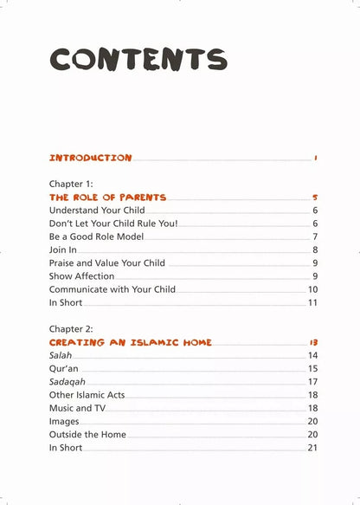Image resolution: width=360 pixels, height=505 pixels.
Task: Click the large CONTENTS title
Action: [138, 59]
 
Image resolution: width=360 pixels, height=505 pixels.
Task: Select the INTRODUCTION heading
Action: [91, 159]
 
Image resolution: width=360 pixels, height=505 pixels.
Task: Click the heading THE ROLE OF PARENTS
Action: [108, 197]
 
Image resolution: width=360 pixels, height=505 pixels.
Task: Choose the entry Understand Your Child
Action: [97, 210]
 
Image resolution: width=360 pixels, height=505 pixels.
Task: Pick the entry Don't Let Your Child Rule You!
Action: [113, 223]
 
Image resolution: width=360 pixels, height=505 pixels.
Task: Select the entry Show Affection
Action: [81, 276]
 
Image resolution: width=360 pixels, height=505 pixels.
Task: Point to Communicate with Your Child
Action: [112, 289]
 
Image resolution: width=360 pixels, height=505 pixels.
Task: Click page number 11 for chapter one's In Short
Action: [312, 302]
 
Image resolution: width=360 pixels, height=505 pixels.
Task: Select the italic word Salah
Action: [61, 355]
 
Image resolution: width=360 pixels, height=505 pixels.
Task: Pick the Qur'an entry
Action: [64, 368]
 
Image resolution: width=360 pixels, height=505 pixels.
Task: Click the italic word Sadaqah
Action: [67, 381]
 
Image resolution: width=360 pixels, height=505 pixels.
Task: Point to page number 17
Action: [312, 381]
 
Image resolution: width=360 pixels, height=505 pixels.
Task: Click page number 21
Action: [312, 448]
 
